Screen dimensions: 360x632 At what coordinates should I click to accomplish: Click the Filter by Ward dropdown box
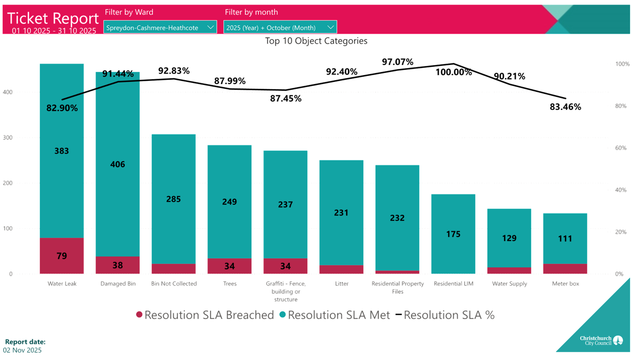tap(160, 28)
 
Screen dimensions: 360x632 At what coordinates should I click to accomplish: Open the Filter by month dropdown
tap(280, 28)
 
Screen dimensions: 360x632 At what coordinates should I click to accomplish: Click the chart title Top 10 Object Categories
tap(316, 41)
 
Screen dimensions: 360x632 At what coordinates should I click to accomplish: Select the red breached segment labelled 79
tap(62, 256)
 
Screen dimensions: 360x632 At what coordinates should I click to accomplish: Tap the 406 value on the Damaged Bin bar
tap(117, 164)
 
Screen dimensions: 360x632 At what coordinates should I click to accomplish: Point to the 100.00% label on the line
tap(453, 72)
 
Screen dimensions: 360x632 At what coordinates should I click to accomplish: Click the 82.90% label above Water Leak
tap(62, 108)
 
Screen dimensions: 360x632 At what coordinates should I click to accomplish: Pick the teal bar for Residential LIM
tap(453, 234)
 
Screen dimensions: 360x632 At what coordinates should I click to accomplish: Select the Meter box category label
tap(565, 284)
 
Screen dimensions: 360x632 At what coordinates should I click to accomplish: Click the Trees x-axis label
tap(230, 284)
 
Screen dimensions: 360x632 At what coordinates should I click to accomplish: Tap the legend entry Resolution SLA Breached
tap(205, 315)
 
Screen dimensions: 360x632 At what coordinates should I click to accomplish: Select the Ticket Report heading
tap(53, 18)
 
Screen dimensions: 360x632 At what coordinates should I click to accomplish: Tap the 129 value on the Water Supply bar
tap(509, 238)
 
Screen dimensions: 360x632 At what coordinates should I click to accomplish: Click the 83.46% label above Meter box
tap(565, 107)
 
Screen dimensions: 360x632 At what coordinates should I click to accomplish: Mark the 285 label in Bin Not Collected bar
tap(173, 199)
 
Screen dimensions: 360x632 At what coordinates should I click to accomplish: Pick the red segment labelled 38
tap(117, 265)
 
